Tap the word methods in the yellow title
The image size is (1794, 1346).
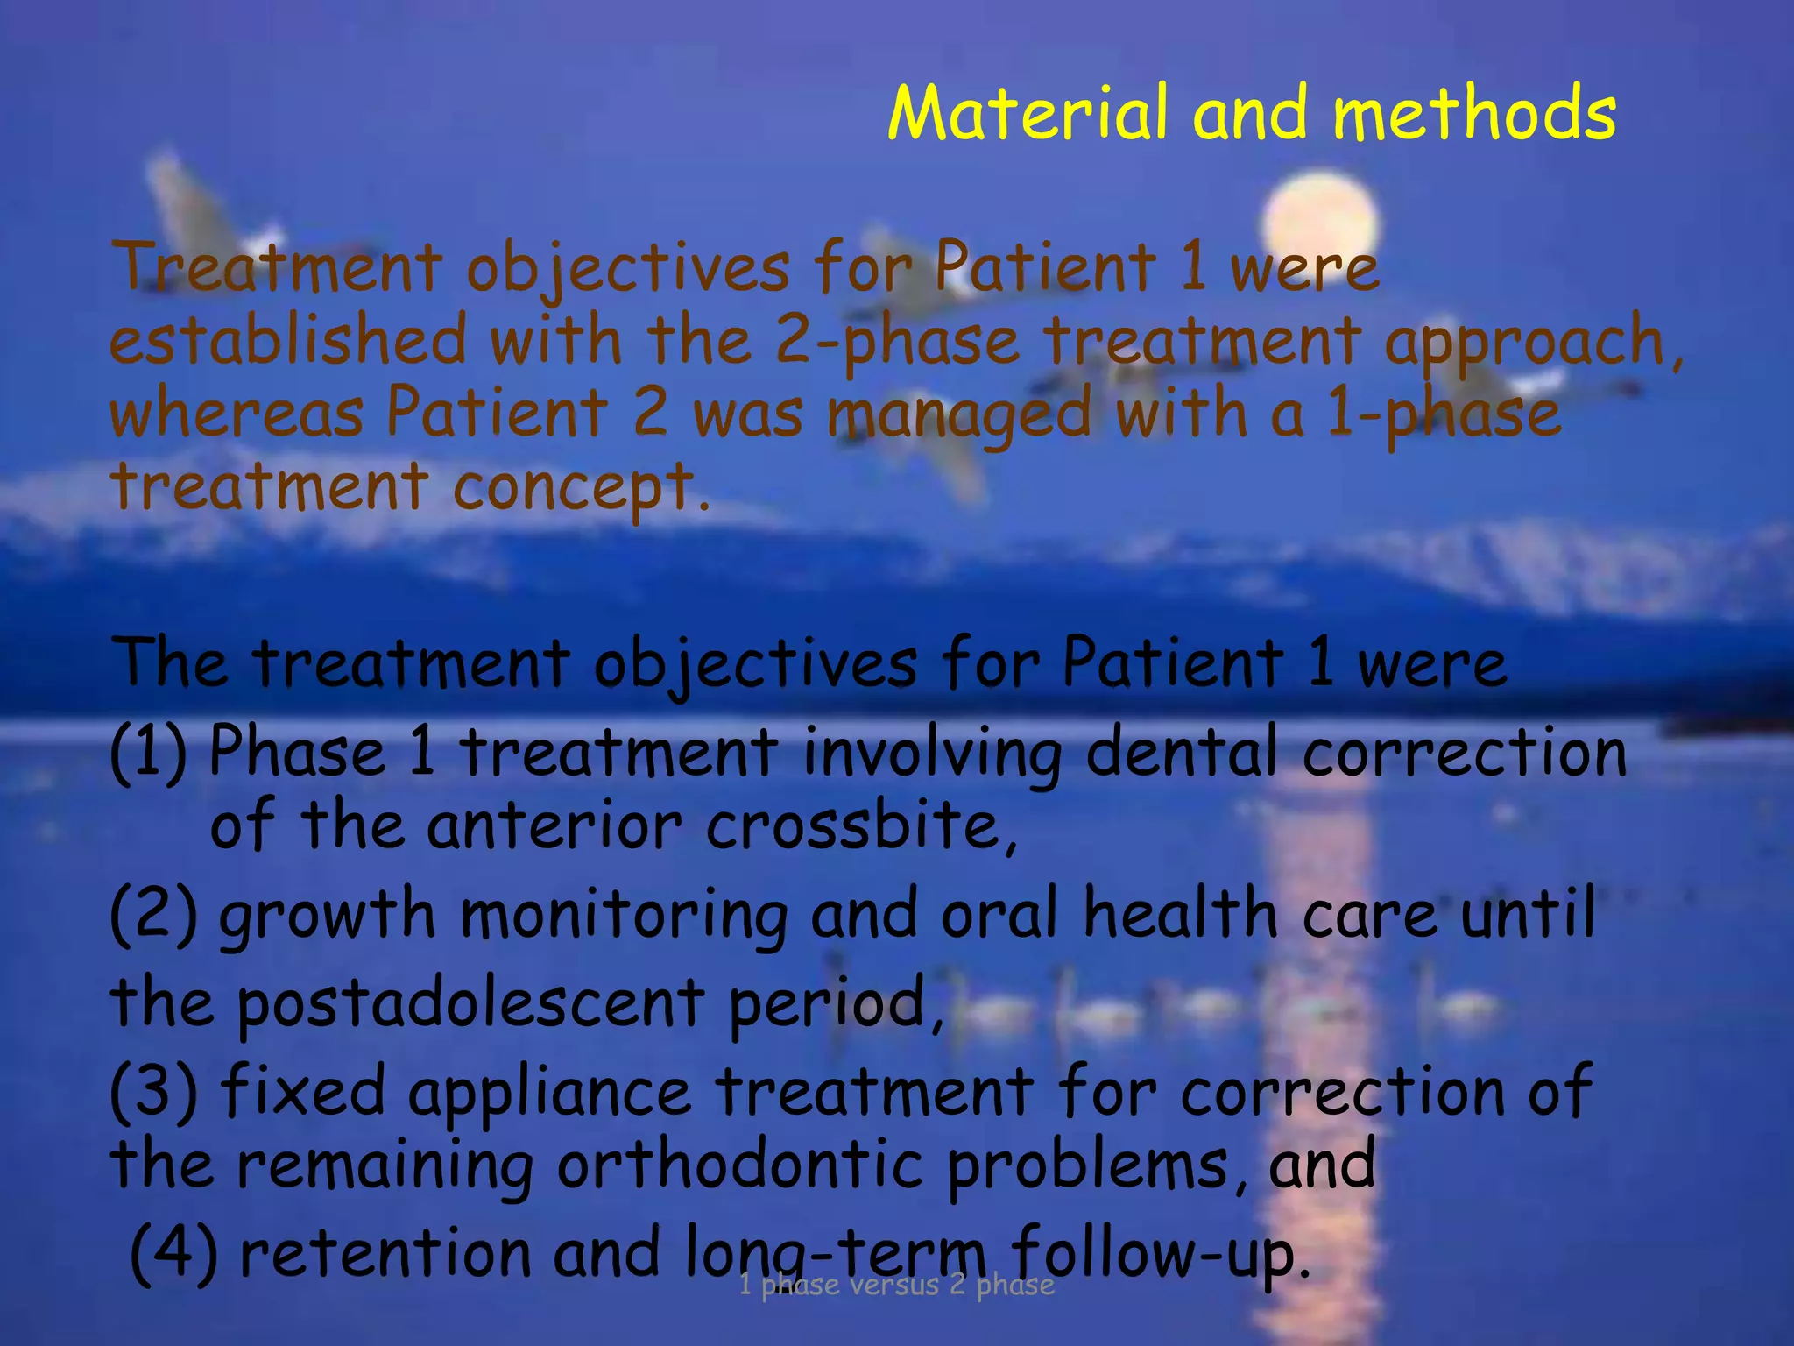(1473, 114)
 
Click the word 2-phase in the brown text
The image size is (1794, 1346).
(898, 342)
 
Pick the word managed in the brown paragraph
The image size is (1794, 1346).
(959, 415)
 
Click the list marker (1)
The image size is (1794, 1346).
(148, 752)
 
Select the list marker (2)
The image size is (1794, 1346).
(152, 913)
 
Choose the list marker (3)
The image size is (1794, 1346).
(152, 1090)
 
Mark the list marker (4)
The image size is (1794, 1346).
(173, 1252)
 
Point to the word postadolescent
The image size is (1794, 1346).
(470, 1002)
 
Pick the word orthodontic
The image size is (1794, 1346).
(740, 1165)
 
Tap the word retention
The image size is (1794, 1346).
(385, 1252)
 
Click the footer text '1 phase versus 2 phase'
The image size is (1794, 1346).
(896, 1285)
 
